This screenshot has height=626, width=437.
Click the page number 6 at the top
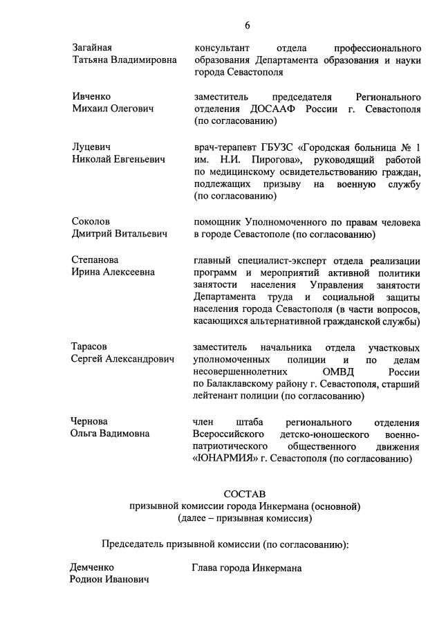[x=248, y=26]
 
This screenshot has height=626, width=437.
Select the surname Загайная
[x=92, y=48]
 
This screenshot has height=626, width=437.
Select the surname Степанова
[x=95, y=260]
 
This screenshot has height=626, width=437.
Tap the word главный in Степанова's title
[x=213, y=260]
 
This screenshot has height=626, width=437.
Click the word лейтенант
[x=217, y=396]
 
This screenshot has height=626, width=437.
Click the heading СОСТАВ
[x=245, y=494]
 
